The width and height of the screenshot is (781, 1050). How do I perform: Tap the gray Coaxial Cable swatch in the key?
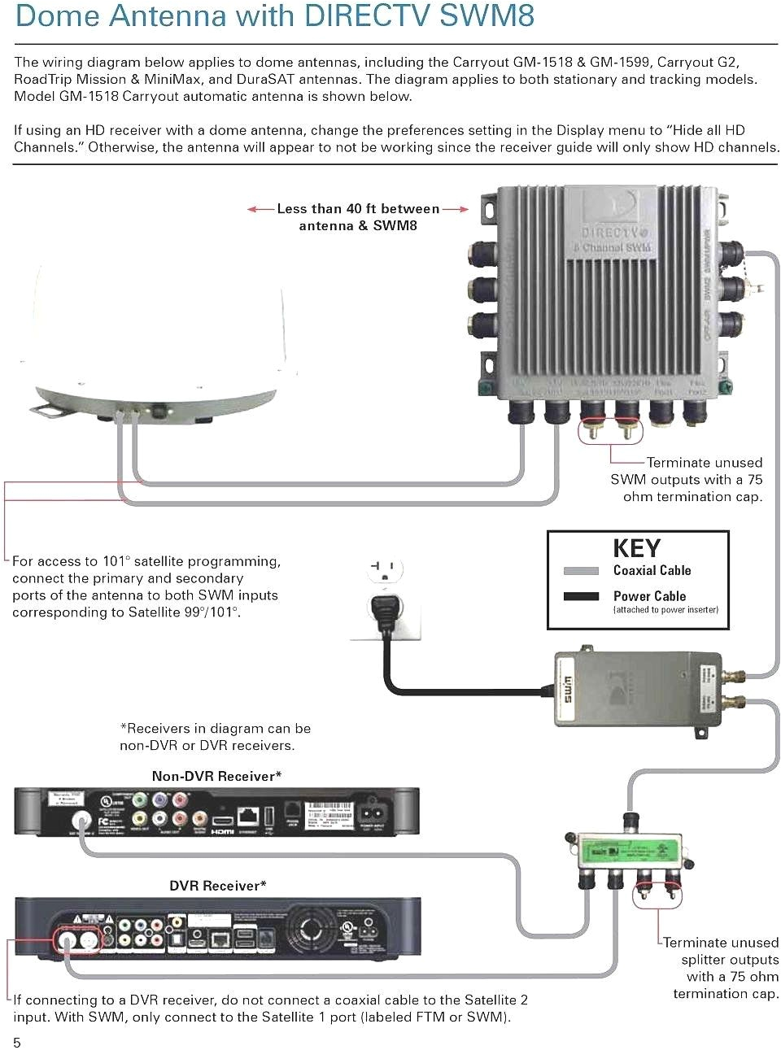pyautogui.click(x=581, y=571)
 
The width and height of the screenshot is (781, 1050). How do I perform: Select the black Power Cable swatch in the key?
pyautogui.click(x=581, y=596)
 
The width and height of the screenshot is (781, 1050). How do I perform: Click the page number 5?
pyautogui.click(x=17, y=1042)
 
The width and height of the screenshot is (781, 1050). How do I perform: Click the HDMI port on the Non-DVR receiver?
pyautogui.click(x=221, y=820)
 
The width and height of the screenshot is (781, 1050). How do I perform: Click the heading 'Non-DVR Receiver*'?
pyautogui.click(x=216, y=776)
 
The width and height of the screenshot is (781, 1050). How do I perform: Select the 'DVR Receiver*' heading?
pyautogui.click(x=217, y=886)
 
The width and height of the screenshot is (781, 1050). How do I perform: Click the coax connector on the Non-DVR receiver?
pyautogui.click(x=81, y=819)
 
